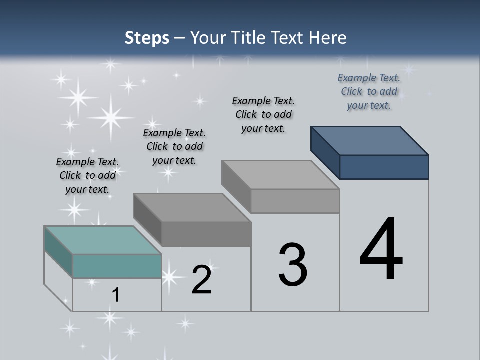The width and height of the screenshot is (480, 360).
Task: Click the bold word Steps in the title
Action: pos(147,38)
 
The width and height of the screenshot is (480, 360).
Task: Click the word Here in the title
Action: pos(328,38)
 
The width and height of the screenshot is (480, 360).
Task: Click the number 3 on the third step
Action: pos(293,265)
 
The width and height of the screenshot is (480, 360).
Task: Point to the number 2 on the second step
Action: pos(201,280)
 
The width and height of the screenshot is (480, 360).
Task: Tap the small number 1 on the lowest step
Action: pos(116,295)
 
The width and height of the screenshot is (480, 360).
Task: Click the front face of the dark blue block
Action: pos(384,167)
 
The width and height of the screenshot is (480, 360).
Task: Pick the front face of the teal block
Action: pos(117,266)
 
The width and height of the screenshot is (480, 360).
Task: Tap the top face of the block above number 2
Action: pos(192,207)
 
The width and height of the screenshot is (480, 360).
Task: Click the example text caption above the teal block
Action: pos(87,175)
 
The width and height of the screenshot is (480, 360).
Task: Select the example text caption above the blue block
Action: pos(369,91)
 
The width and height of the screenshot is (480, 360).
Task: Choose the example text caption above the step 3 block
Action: pos(263,114)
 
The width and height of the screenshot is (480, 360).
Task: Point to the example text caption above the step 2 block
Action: pos(174,146)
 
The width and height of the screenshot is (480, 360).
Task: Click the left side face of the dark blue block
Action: pos(325,152)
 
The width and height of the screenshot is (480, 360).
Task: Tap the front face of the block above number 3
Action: pos(295,201)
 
